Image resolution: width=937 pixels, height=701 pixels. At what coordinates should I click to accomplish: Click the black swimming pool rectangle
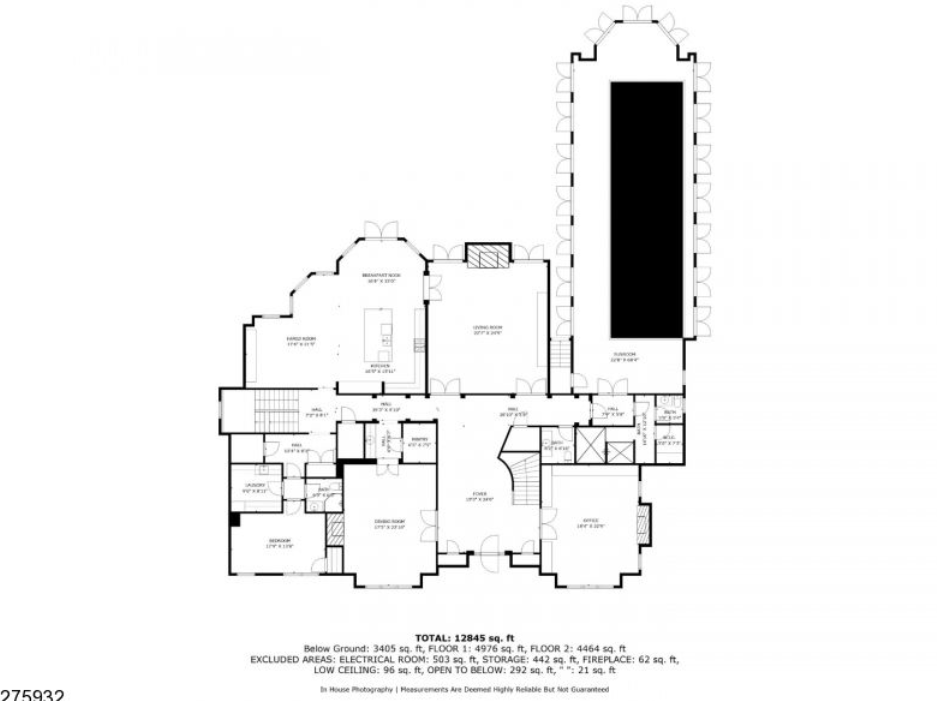[646, 210]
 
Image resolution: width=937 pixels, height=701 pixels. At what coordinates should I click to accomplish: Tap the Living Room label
[487, 330]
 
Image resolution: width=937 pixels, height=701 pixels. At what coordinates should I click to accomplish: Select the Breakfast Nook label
[381, 278]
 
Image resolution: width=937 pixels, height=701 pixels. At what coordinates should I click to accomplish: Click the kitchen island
[378, 335]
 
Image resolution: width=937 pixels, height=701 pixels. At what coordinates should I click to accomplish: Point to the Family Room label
[301, 341]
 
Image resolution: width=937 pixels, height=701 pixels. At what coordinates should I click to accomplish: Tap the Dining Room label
[389, 524]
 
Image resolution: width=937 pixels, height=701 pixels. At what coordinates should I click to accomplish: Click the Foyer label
[479, 496]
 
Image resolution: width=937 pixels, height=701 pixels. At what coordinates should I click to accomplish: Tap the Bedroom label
[279, 543]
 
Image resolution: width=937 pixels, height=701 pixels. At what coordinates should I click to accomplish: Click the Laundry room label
[255, 488]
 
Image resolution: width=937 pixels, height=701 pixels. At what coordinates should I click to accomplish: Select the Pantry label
[419, 442]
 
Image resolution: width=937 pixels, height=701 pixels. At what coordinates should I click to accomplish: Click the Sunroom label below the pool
[625, 357]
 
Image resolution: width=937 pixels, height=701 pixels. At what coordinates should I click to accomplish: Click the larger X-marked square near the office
[590, 445]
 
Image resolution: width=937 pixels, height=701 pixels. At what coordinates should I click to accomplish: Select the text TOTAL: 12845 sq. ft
[464, 638]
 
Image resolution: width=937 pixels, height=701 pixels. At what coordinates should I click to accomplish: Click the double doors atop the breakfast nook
[381, 230]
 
